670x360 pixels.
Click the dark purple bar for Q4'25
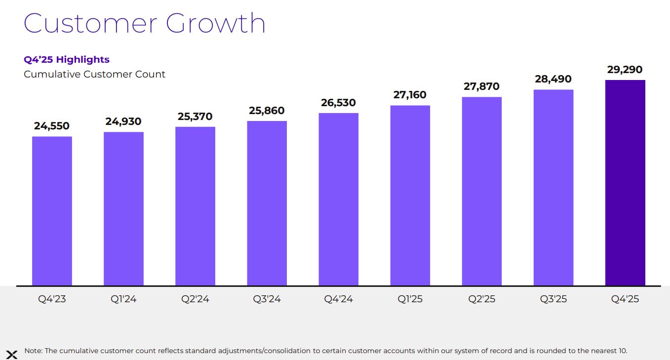click(x=625, y=183)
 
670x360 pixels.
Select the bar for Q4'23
click(x=52, y=211)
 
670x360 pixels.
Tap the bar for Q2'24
click(x=195, y=206)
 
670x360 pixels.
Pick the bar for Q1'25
click(x=410, y=196)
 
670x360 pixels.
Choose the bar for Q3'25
click(x=553, y=188)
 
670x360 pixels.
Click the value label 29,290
click(x=625, y=70)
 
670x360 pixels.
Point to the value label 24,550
click(x=52, y=126)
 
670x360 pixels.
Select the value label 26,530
click(x=338, y=103)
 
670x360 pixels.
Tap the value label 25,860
click(x=267, y=111)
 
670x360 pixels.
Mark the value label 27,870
click(x=481, y=86)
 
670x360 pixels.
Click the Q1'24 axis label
click(x=123, y=299)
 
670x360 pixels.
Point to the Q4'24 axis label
click(x=338, y=299)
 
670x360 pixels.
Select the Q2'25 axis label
click(x=481, y=299)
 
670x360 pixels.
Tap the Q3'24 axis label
click(x=267, y=299)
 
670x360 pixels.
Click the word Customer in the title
click(x=90, y=23)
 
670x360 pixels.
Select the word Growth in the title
click(x=216, y=23)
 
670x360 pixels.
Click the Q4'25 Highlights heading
click(x=67, y=60)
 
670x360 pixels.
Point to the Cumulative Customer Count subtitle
click(x=95, y=75)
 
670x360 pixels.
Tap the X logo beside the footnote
click(x=12, y=354)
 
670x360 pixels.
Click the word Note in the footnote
click(x=33, y=351)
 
